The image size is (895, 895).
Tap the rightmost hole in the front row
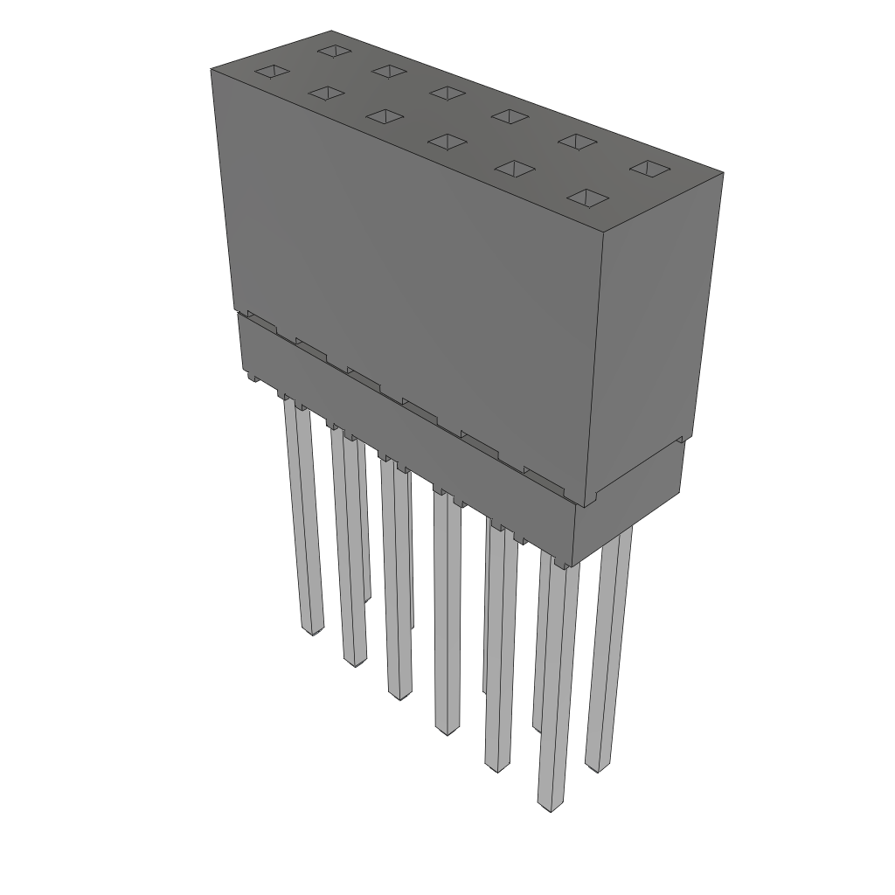pos(587,198)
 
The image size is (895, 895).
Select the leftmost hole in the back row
pos(333,50)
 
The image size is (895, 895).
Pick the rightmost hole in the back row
pos(649,168)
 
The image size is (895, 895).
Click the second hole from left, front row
pos(325,93)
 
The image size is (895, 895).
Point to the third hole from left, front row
pos(381,115)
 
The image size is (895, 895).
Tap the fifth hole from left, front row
pos(514,168)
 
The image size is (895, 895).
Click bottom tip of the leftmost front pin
pos(312,628)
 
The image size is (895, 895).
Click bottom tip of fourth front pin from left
pos(447,727)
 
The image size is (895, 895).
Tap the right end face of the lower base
pos(629,498)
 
